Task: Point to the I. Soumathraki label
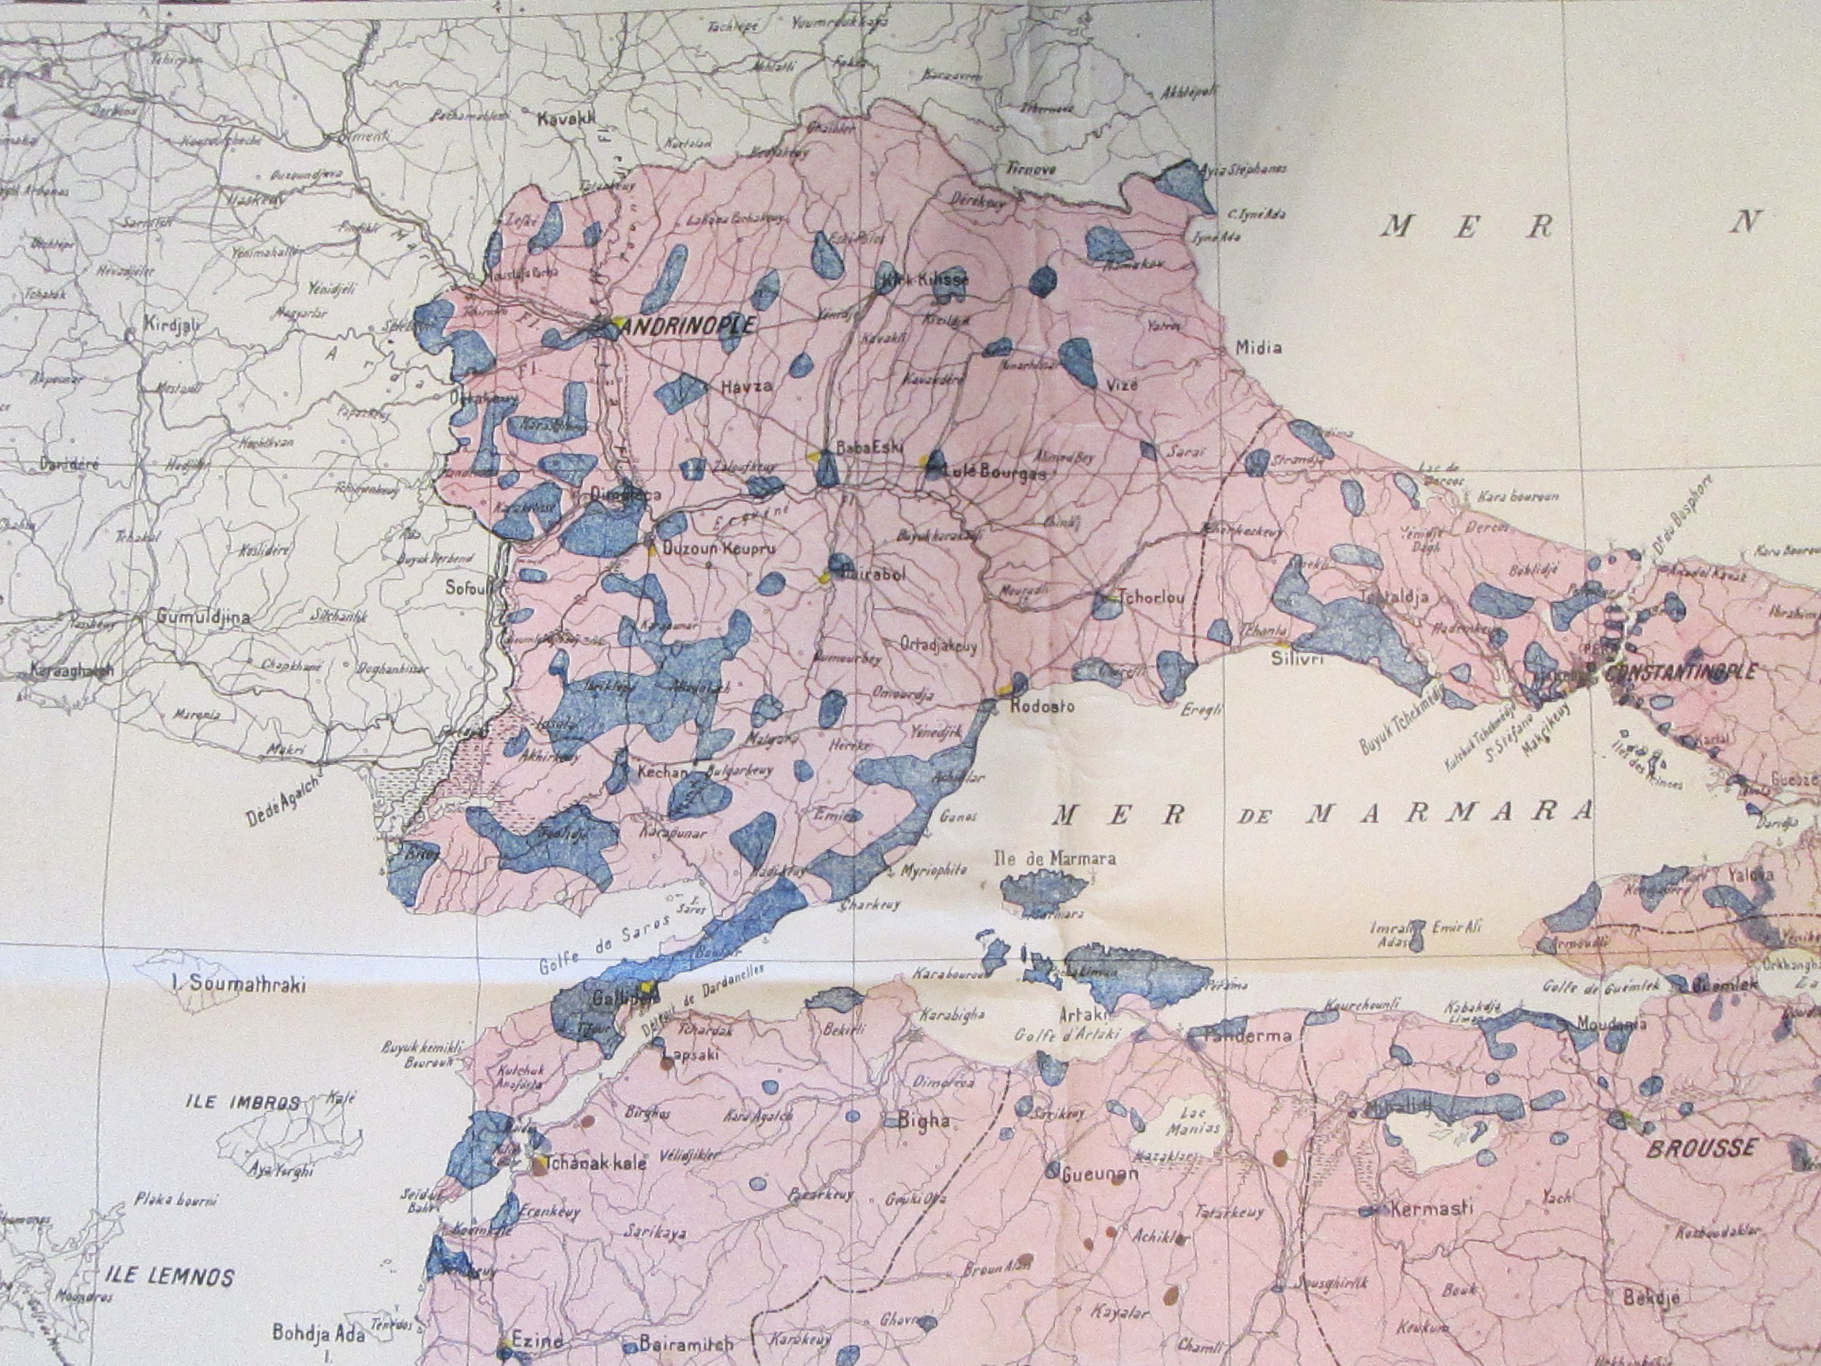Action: (x=237, y=983)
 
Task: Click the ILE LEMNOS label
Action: (x=169, y=1277)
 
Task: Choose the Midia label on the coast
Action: (x=1259, y=348)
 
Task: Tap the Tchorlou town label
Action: (x=1151, y=598)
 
